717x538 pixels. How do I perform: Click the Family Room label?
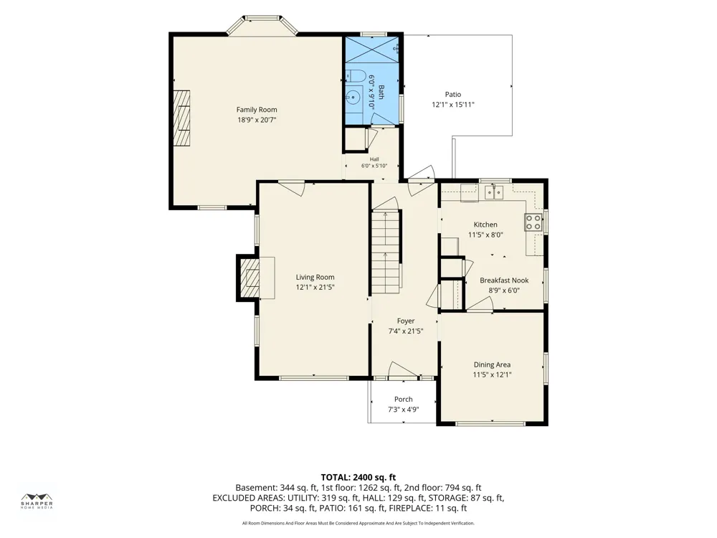tap(257, 110)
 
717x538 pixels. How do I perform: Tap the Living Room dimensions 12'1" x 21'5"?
tap(315, 288)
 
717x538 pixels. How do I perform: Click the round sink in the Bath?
tap(353, 97)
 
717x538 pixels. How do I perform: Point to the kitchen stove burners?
tap(533, 222)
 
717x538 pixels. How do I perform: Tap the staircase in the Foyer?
tap(386, 252)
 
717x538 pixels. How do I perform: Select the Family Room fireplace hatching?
tap(181, 118)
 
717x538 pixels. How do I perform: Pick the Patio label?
tap(453, 94)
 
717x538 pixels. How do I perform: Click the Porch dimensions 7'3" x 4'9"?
tap(403, 410)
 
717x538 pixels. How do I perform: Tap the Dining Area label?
tap(492, 364)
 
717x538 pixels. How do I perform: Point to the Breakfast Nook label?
tap(504, 280)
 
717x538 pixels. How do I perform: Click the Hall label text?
tap(374, 159)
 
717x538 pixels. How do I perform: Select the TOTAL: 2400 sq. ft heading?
tap(358, 478)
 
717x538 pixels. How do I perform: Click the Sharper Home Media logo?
tap(37, 501)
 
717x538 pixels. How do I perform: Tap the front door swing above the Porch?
tap(403, 371)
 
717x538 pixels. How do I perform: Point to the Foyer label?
tap(406, 321)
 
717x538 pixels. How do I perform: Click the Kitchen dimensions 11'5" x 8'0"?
tap(485, 235)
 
